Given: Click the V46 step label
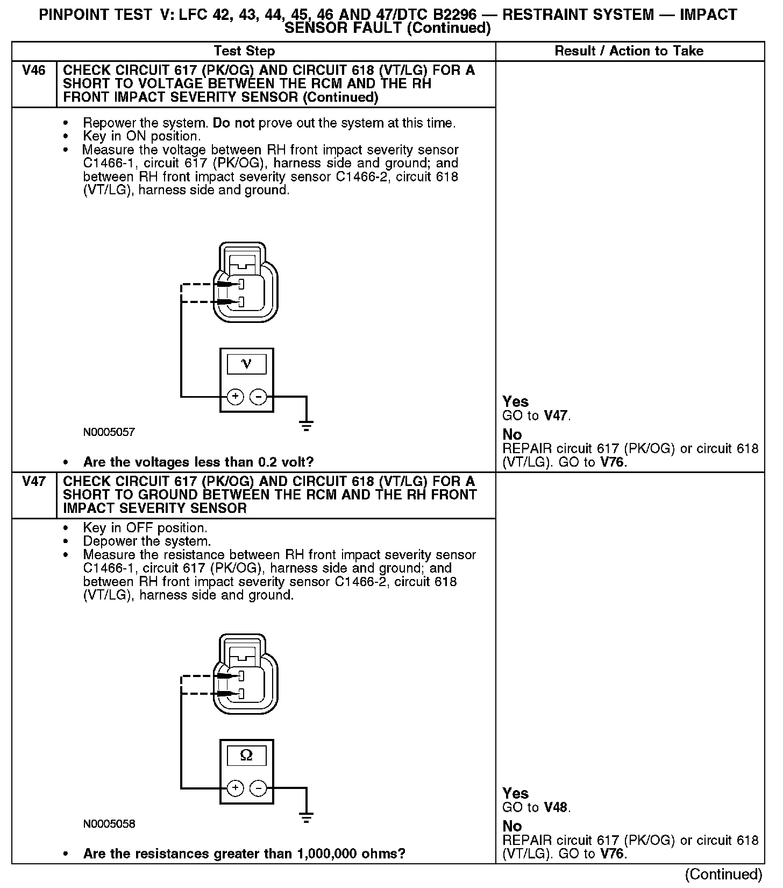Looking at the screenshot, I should tap(34, 71).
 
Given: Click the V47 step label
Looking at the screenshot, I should tap(34, 481).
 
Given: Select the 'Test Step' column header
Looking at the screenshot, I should tap(244, 51).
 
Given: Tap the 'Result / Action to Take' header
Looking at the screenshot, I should tap(629, 51).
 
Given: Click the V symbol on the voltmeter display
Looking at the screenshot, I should tap(246, 364).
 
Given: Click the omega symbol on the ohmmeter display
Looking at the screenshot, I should tap(246, 756).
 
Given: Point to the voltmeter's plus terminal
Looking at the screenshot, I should tap(236, 397).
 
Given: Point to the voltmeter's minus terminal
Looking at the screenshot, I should tap(259, 397).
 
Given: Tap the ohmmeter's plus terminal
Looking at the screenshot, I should tap(236, 788).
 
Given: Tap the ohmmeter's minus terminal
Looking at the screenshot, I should tap(259, 788).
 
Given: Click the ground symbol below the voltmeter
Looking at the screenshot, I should tap(307, 427).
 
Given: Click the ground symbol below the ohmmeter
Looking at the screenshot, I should tap(307, 819).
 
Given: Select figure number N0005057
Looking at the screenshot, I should tap(109, 432).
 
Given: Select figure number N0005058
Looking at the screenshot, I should tap(109, 824).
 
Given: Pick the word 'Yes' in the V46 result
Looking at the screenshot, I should tap(515, 401).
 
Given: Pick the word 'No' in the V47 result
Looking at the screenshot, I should tap(512, 826).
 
